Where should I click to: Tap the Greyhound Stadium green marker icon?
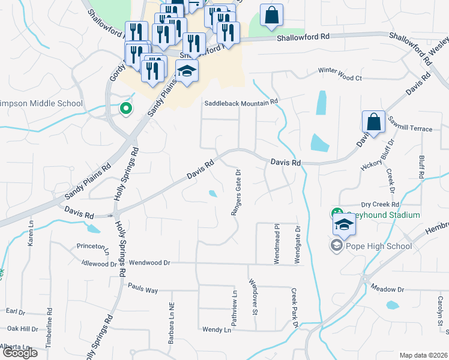[336, 213]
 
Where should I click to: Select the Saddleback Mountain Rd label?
[241, 103]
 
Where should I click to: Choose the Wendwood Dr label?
[150, 263]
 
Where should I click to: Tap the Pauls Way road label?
[143, 290]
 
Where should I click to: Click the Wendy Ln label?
[217, 329]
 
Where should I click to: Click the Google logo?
[20, 353]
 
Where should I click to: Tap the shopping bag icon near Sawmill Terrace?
[373, 122]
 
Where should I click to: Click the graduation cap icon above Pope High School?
[345, 225]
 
